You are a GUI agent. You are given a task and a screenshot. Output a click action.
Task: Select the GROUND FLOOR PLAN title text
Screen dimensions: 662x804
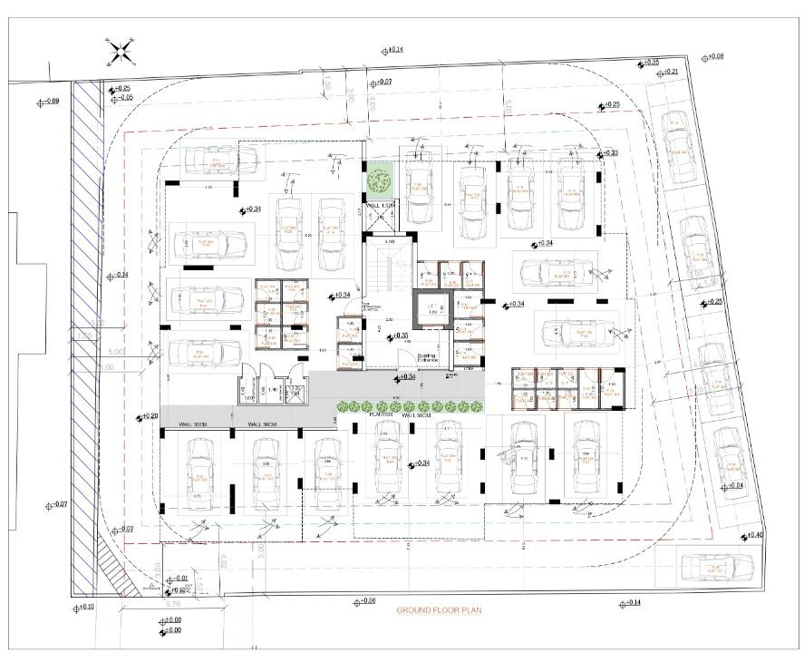point(440,610)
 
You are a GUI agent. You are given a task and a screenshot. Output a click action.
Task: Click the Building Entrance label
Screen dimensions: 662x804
point(428,357)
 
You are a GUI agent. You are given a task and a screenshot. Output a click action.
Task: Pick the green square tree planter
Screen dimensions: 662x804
point(380,180)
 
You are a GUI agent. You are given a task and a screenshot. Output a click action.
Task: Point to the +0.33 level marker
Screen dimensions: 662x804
point(608,153)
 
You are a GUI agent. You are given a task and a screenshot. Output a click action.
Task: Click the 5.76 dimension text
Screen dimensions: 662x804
point(176,602)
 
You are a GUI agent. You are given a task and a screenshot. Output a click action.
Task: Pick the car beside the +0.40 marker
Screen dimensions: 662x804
point(717,568)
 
